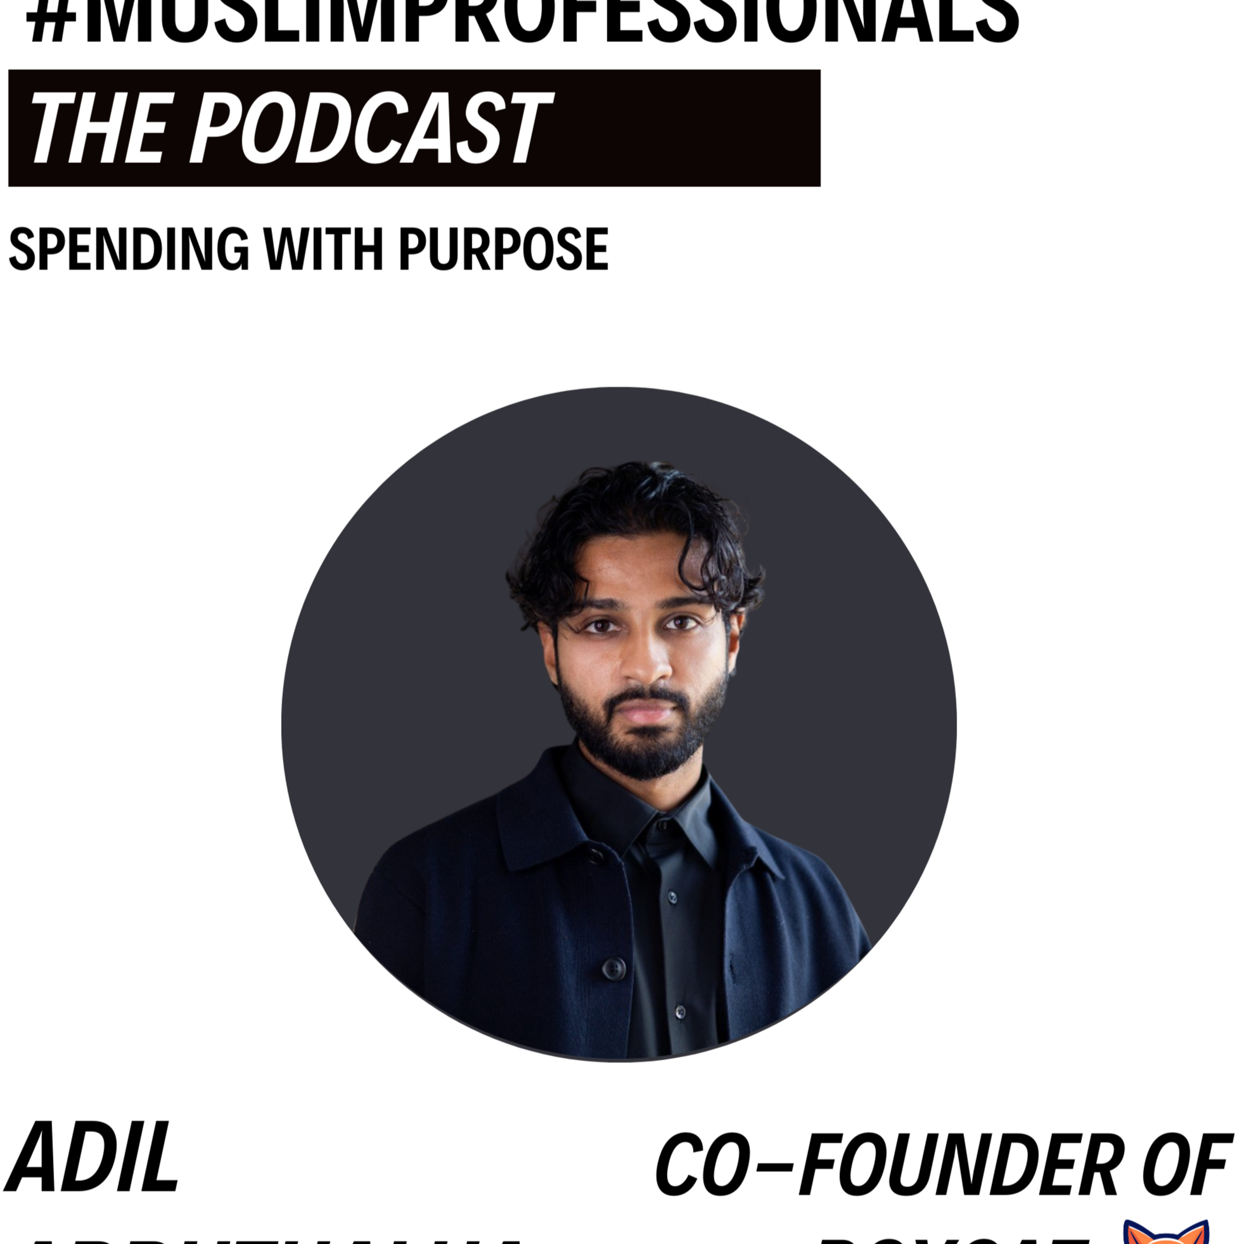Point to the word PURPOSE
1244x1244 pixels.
(503, 249)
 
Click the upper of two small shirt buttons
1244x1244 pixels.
(672, 897)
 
